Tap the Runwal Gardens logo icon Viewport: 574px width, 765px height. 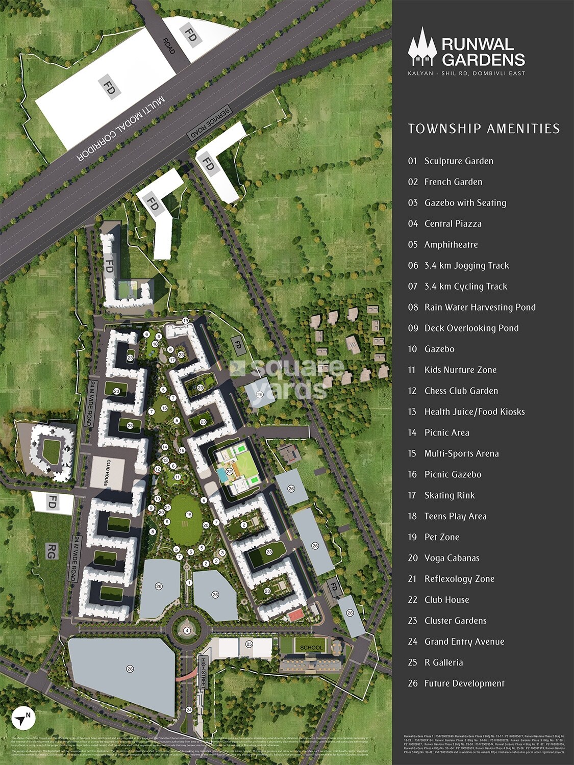coord(422,47)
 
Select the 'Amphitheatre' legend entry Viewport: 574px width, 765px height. coord(451,245)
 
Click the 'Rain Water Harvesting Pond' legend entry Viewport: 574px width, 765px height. coord(480,308)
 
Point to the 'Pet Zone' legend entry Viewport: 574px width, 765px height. coord(441,538)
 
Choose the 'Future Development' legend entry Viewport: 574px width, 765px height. coord(464,684)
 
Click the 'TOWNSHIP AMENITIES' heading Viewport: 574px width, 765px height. coord(484,129)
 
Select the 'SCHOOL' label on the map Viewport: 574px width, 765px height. coord(311,648)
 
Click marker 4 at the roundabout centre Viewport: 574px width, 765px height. coord(187,630)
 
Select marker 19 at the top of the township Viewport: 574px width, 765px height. coord(185,320)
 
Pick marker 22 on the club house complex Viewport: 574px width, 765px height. coord(230,472)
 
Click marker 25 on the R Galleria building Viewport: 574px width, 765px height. coord(249,644)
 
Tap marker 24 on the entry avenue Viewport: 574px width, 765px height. coord(189,709)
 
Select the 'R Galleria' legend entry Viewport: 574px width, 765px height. coord(443,663)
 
